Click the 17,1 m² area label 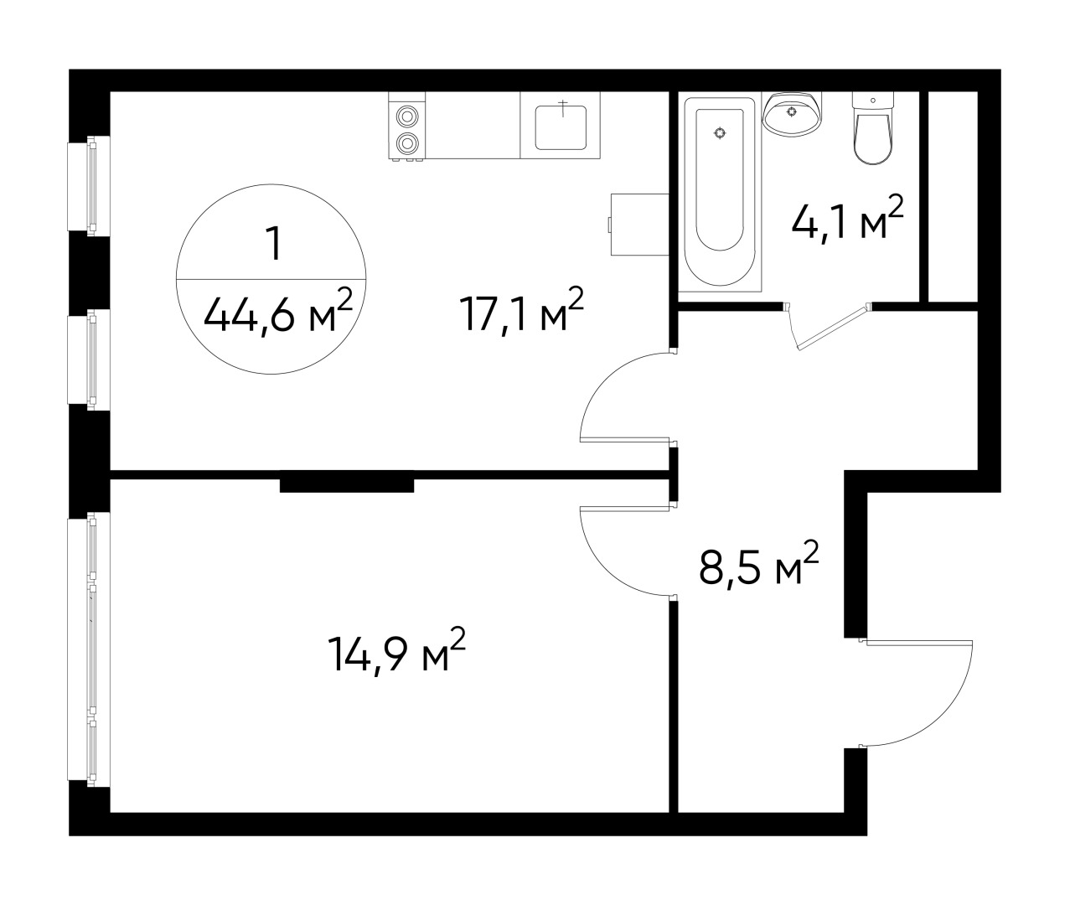520,313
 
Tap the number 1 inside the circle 272,245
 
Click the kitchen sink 561,125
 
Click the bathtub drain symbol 720,132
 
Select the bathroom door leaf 834,328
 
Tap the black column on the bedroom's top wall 346,484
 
